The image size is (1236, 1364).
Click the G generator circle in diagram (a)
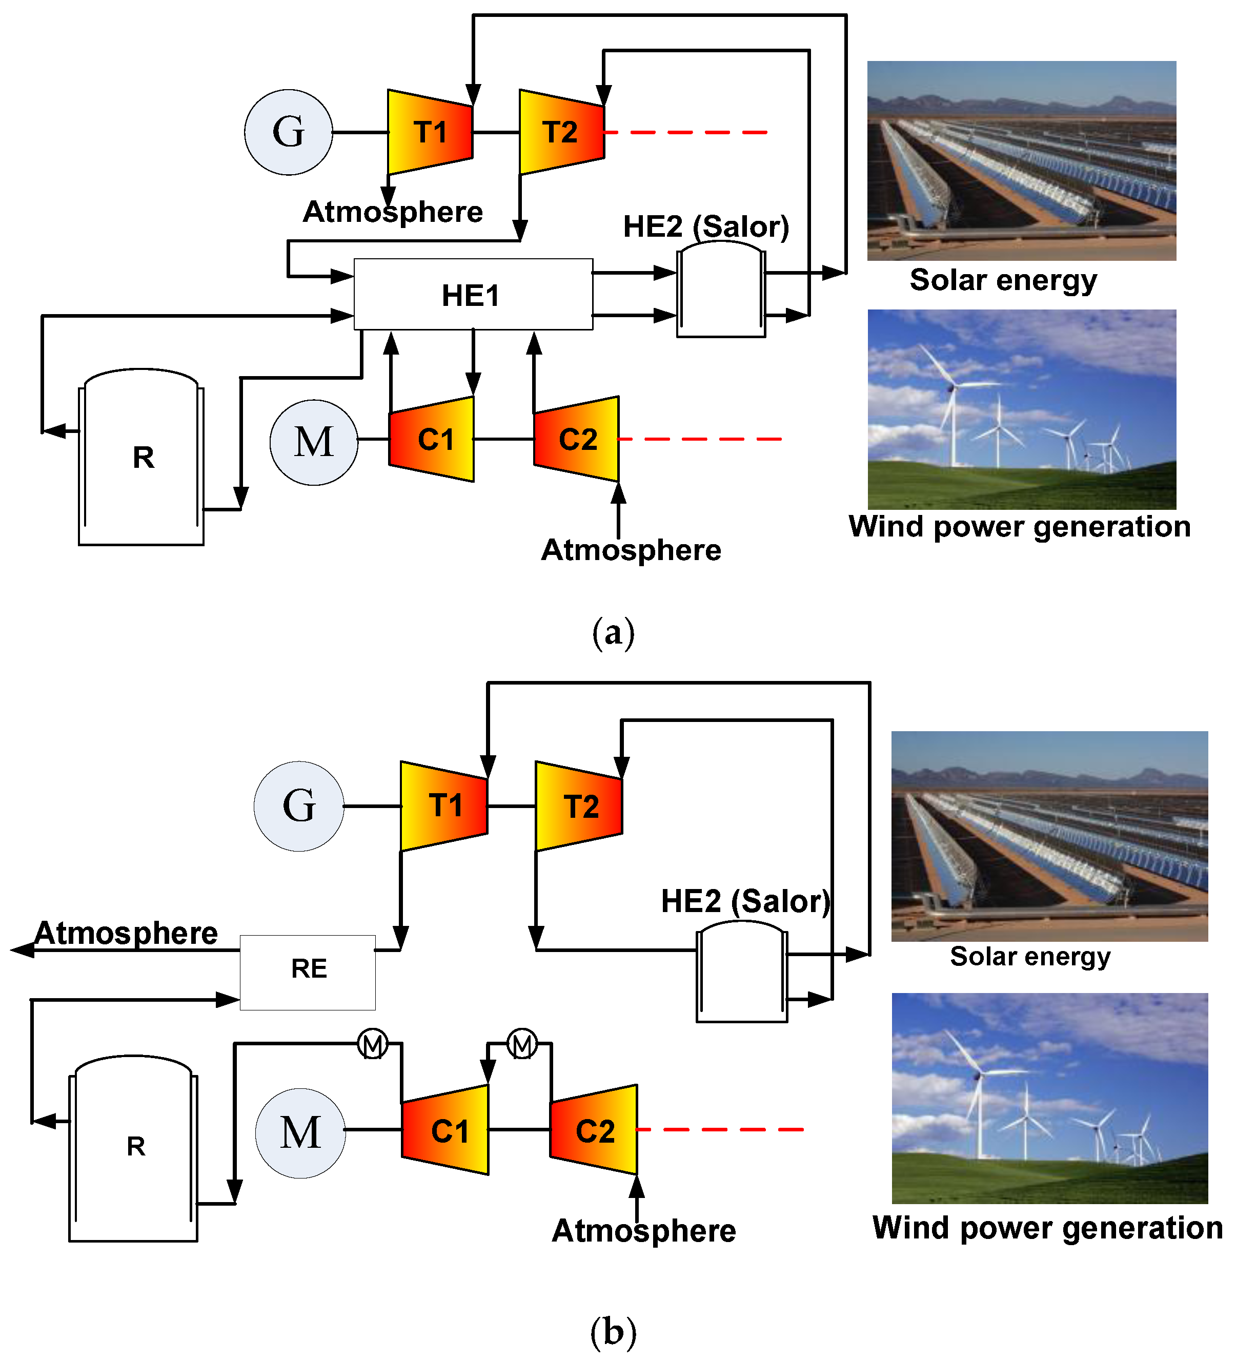point(288,132)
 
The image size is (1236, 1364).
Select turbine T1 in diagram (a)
point(430,132)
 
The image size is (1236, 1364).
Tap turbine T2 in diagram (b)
point(579,806)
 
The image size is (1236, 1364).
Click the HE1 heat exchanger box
point(473,294)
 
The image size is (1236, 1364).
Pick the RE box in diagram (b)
point(308,972)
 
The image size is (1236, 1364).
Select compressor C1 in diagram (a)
point(431,439)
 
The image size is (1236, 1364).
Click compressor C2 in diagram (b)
point(594,1130)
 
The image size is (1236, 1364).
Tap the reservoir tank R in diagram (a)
point(141,458)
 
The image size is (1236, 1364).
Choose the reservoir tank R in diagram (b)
point(133,1148)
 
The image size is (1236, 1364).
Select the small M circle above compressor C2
point(522,1044)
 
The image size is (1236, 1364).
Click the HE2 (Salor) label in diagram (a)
point(706,226)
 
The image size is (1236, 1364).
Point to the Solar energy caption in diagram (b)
point(1030,957)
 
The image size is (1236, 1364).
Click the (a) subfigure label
point(613,633)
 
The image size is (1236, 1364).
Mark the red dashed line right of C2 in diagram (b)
point(721,1129)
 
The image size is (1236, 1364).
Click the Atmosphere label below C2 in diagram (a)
point(631,550)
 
